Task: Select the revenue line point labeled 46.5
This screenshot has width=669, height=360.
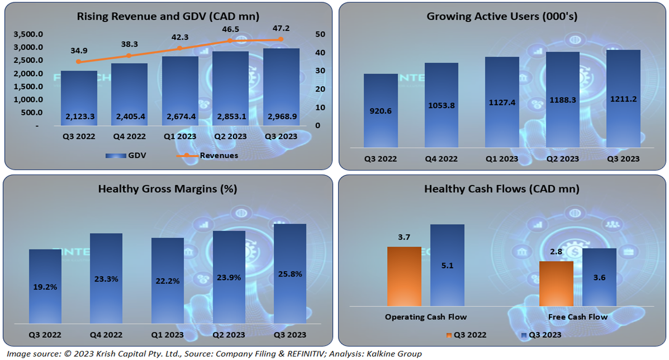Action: click(230, 41)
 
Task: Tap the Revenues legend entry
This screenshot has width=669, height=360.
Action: click(218, 156)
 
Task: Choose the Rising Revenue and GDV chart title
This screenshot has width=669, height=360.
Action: click(168, 16)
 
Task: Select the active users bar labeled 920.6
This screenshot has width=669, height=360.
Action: click(381, 111)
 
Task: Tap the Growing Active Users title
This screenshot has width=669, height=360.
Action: click(502, 17)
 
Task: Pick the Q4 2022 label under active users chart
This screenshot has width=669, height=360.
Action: click(441, 159)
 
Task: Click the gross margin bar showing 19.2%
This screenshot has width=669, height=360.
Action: click(45, 286)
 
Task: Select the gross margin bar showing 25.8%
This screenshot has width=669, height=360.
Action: click(289, 274)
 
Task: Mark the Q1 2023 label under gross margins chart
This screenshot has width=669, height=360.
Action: click(167, 335)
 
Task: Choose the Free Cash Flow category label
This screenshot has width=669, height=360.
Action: click(578, 317)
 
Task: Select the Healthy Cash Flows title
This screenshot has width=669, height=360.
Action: click(502, 189)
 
